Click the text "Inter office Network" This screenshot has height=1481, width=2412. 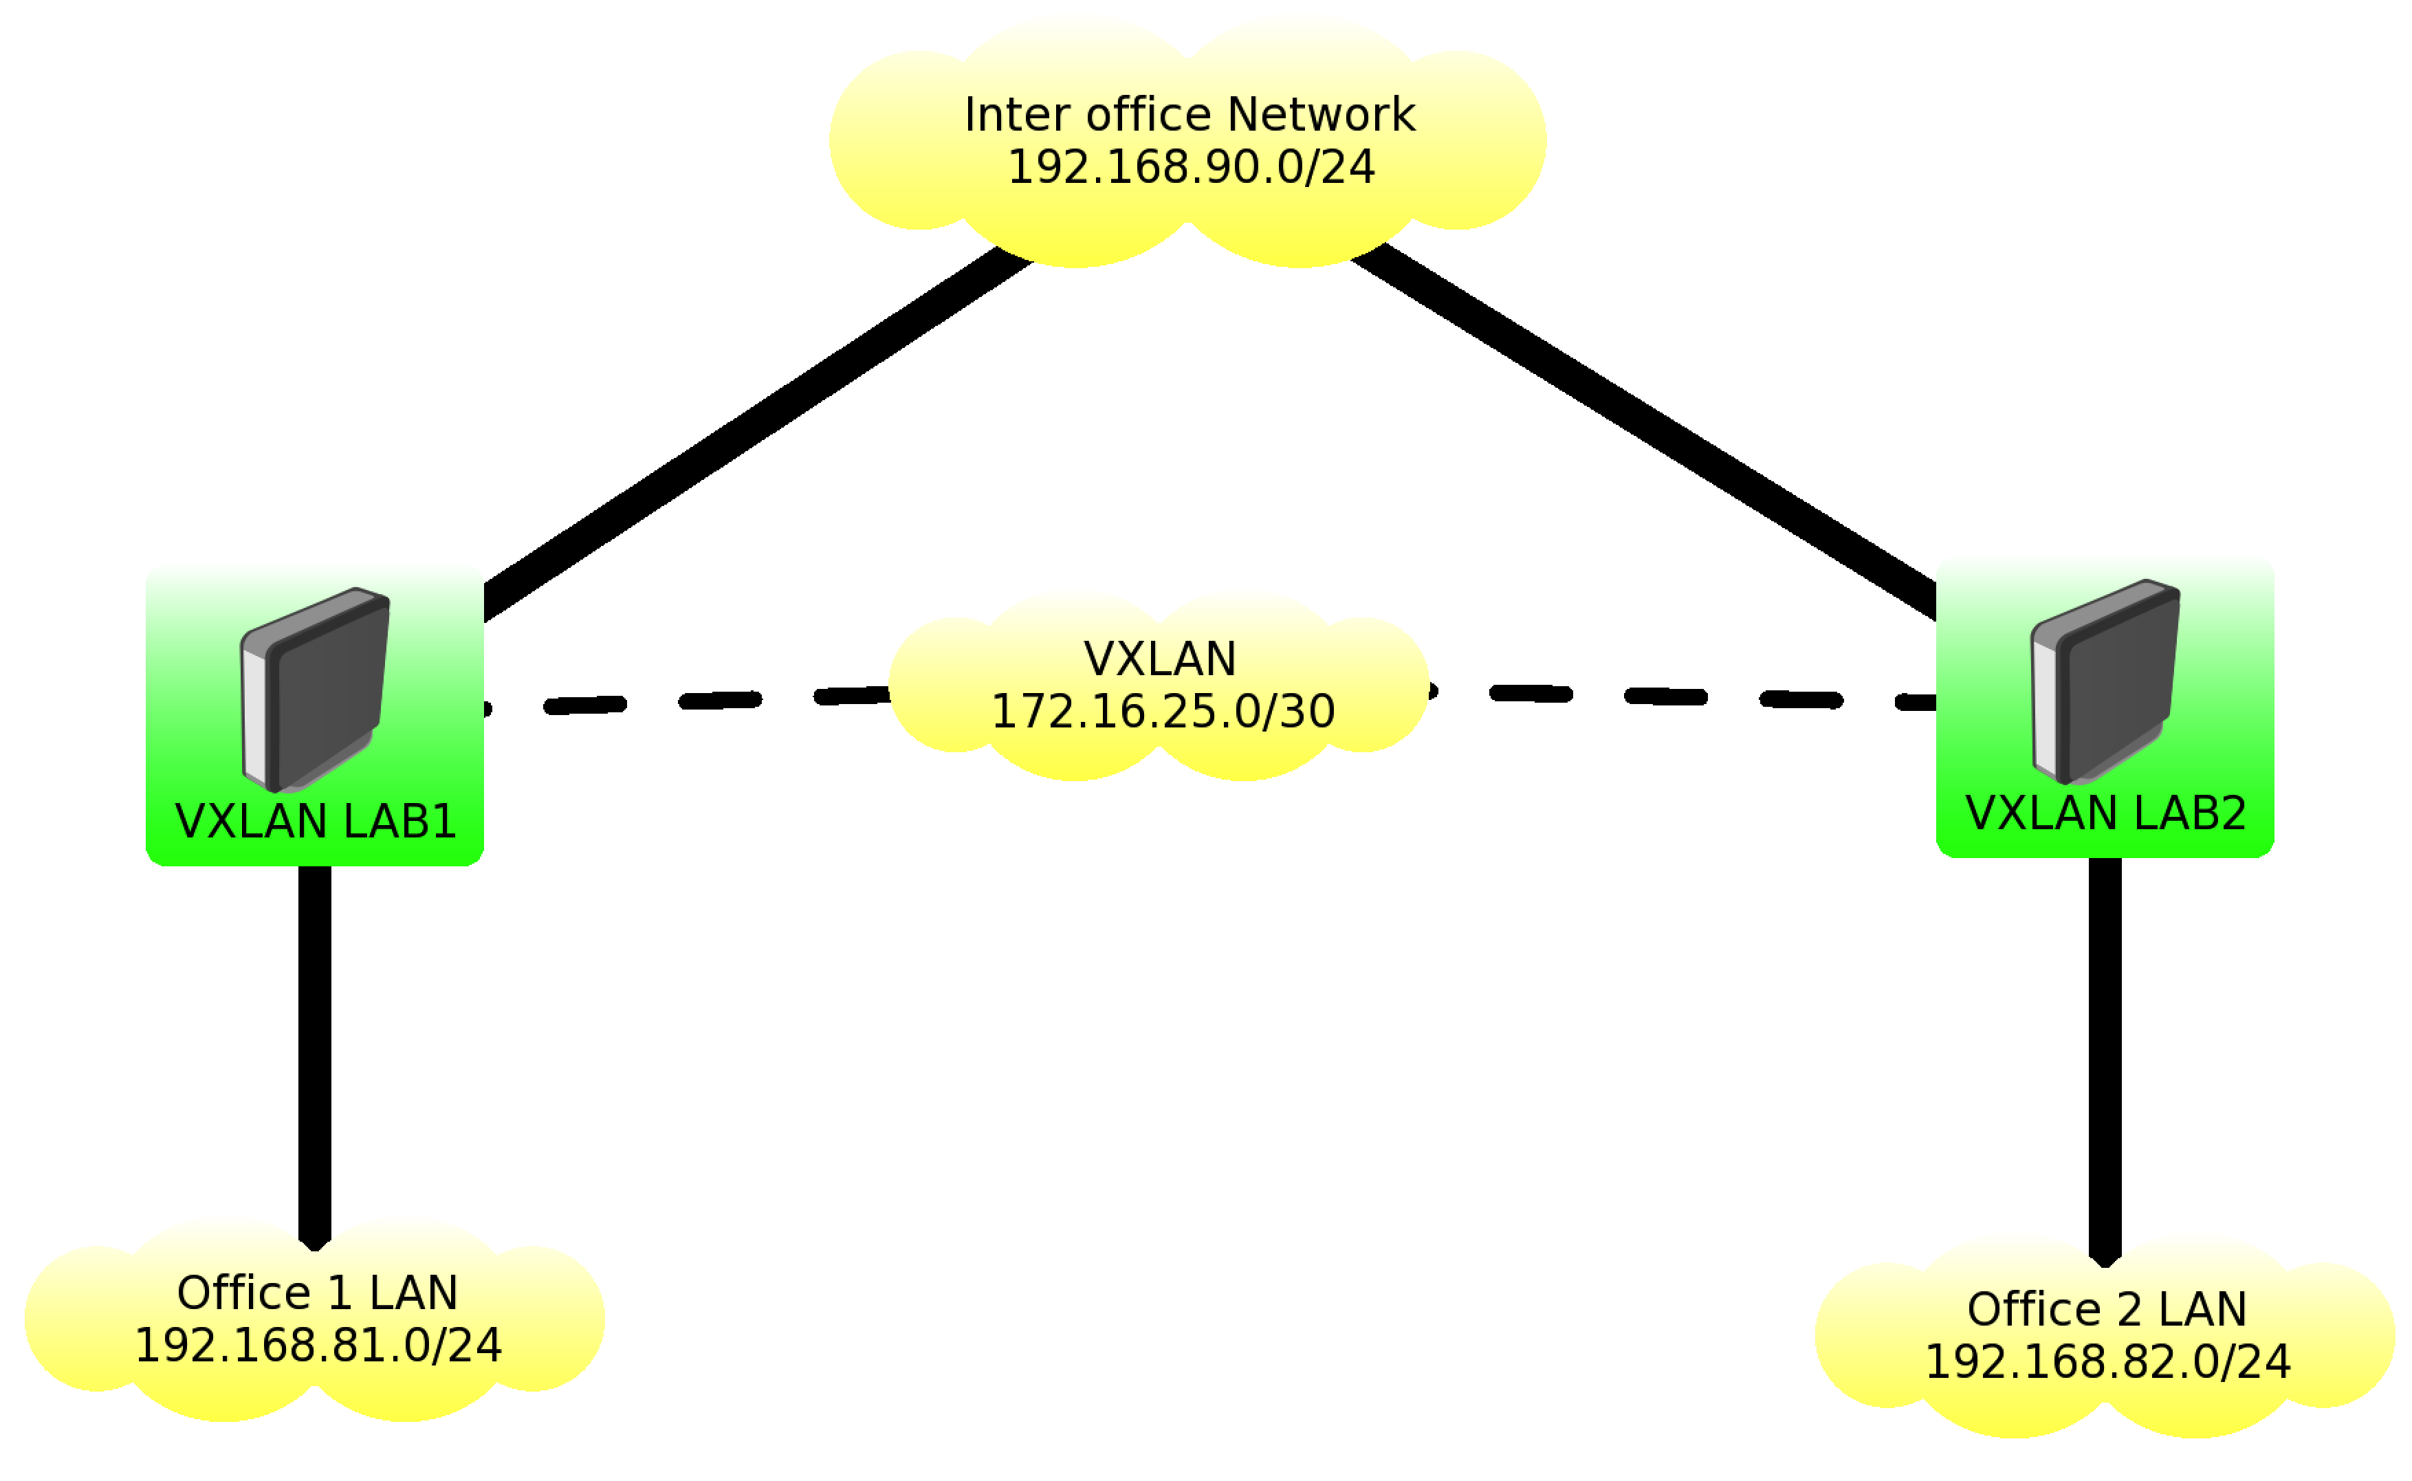click(1189, 115)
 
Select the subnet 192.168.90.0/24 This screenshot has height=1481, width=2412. click(1191, 168)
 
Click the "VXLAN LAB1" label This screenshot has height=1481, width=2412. click(316, 821)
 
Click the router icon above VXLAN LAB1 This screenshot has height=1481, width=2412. click(314, 690)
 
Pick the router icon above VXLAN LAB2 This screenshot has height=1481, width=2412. click(2105, 682)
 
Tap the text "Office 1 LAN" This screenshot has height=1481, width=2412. click(317, 1294)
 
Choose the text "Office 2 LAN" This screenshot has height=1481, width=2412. click(2107, 1310)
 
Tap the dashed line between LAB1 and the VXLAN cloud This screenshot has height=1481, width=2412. click(721, 701)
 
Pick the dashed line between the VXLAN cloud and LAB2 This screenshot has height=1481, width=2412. click(1665, 696)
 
